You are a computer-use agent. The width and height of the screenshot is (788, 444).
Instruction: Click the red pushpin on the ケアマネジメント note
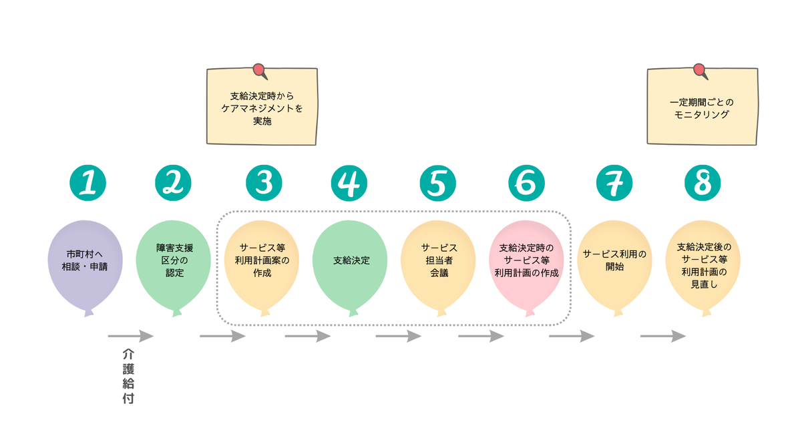click(x=259, y=70)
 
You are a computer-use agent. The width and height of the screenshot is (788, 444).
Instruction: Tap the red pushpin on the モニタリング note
click(x=700, y=70)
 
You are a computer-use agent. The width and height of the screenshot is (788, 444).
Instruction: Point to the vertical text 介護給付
click(x=129, y=376)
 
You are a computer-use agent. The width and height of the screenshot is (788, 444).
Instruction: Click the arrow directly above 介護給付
click(x=131, y=336)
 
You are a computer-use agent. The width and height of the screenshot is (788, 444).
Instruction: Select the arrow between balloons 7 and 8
click(x=662, y=336)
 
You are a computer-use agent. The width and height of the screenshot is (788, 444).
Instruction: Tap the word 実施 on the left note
click(x=262, y=121)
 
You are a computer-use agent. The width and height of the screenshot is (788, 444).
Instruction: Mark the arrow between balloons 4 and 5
click(x=398, y=336)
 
